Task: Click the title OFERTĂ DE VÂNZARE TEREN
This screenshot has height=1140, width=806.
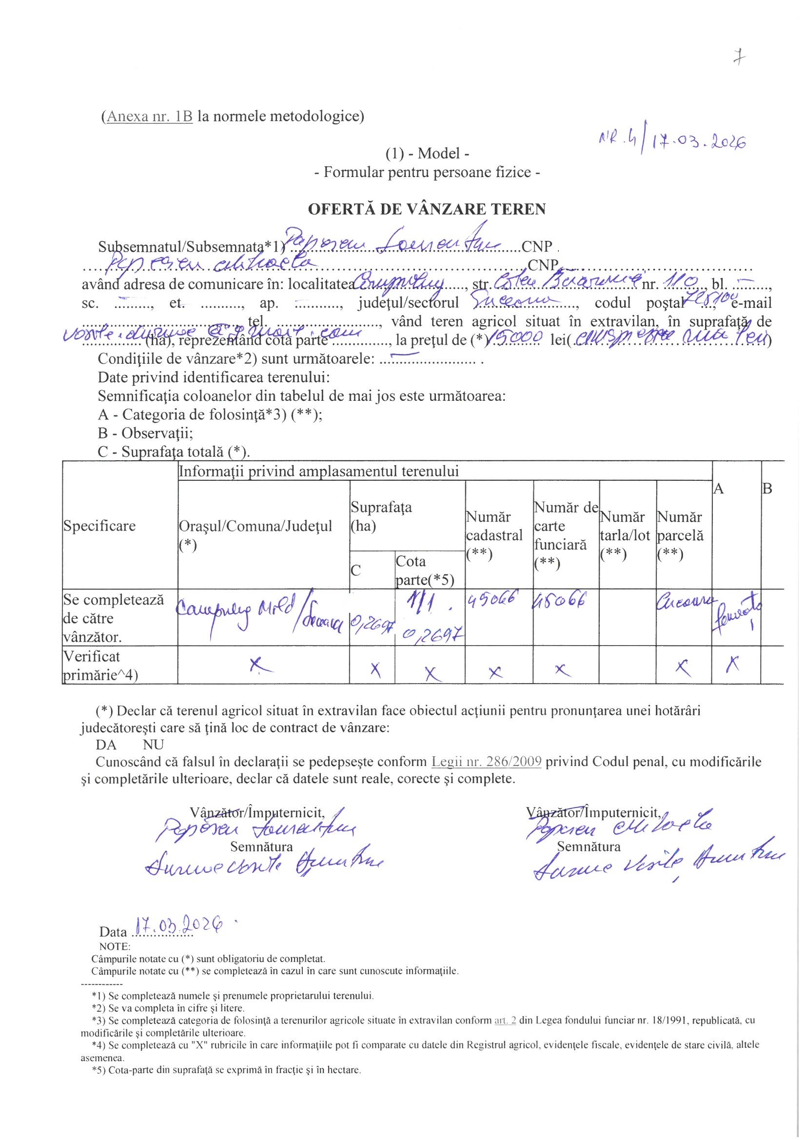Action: [x=427, y=209]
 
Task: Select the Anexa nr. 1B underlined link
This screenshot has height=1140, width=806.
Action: [x=147, y=117]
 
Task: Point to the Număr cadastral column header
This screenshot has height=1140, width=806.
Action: [x=494, y=535]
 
